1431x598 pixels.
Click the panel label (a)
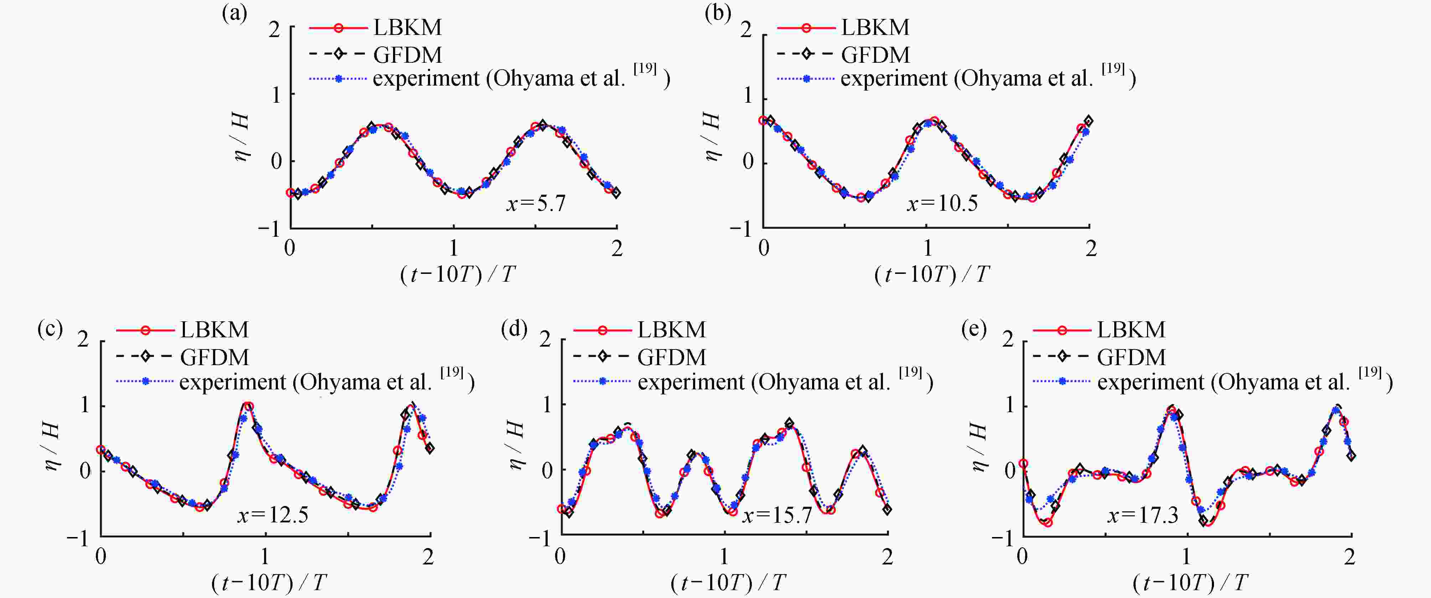pyautogui.click(x=234, y=13)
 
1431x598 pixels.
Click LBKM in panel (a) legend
pyautogui.click(x=407, y=27)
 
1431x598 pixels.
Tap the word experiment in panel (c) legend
pyautogui.click(x=232, y=382)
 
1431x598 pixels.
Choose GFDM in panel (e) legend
pyautogui.click(x=1131, y=357)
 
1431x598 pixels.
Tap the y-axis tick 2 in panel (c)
pyautogui.click(x=83, y=338)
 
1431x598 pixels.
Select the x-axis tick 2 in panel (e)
pyautogui.click(x=1349, y=556)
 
